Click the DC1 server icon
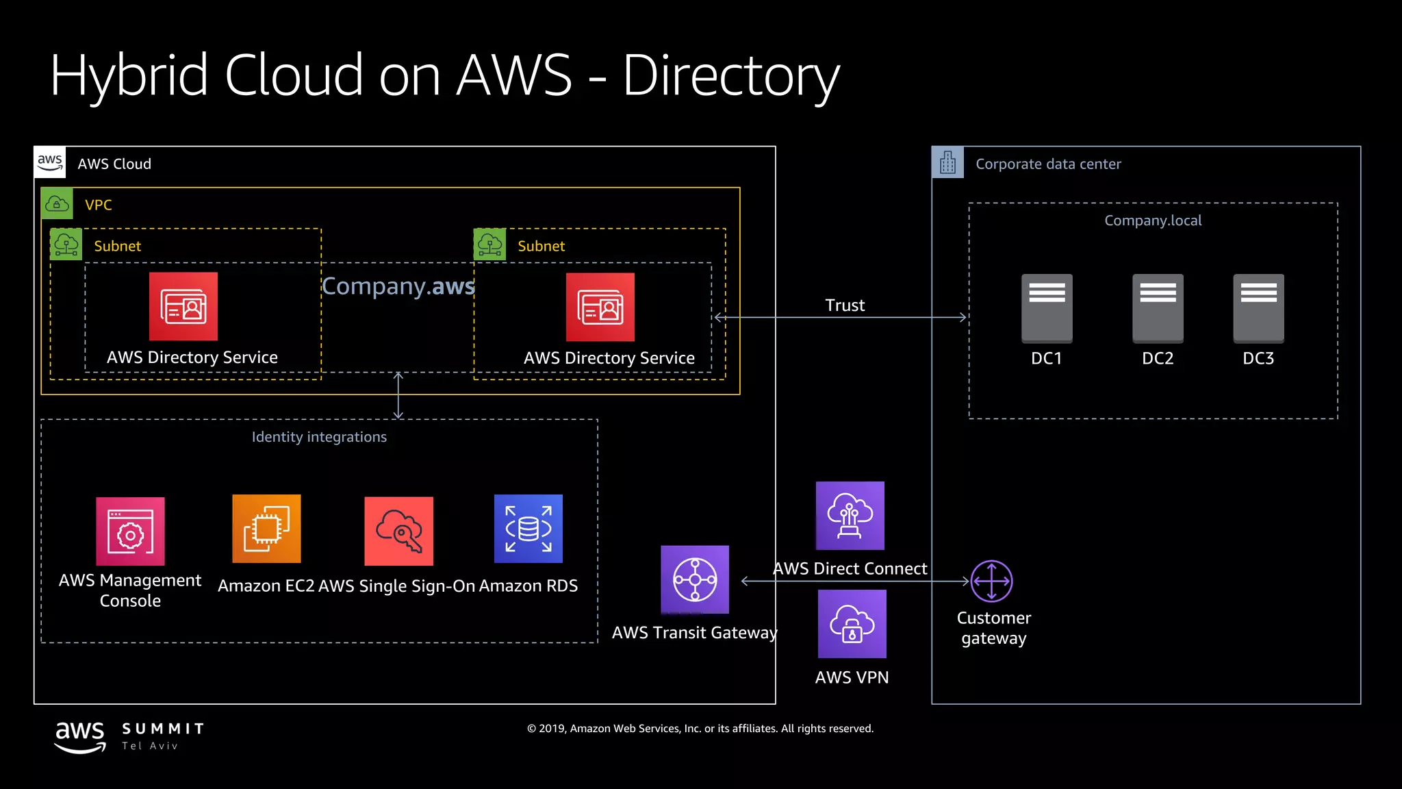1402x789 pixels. (x=1047, y=308)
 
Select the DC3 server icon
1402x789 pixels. (x=1258, y=308)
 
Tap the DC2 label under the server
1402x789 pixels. (x=1158, y=358)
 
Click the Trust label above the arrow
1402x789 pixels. (x=845, y=305)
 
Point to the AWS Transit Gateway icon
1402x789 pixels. (x=695, y=579)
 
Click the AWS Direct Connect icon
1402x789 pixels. (x=850, y=516)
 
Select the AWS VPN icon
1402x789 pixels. (x=852, y=624)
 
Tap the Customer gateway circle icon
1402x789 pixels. (x=991, y=581)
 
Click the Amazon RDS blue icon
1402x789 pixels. (x=528, y=529)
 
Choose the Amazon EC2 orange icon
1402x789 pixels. (x=266, y=529)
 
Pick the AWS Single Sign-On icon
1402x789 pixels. (x=399, y=531)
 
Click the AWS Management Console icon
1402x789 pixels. (x=130, y=531)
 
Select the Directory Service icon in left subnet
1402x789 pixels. (x=183, y=306)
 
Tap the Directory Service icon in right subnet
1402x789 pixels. (x=600, y=307)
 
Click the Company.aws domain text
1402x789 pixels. (x=398, y=286)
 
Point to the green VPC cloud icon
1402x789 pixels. (x=57, y=203)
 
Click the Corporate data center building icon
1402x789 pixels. (x=947, y=162)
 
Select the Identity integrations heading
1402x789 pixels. (x=319, y=437)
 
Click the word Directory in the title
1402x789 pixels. (x=730, y=75)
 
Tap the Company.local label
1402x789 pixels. (x=1153, y=221)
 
